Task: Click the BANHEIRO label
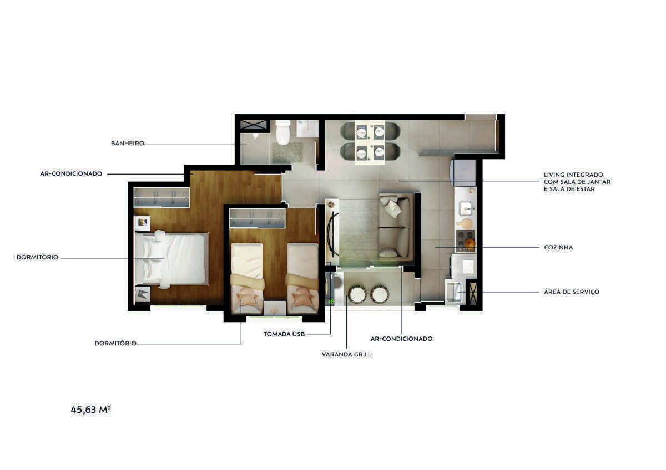tap(127, 144)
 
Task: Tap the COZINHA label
tap(558, 247)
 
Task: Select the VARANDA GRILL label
tap(346, 354)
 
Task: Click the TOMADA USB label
tap(284, 334)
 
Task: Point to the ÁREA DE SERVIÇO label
tap(572, 292)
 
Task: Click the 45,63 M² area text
tap(90, 410)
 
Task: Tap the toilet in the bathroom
tap(282, 132)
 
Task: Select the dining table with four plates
tap(370, 142)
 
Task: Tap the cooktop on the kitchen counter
tap(465, 241)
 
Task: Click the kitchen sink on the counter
tap(466, 208)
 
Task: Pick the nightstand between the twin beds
tap(275, 308)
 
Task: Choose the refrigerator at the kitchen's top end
tap(463, 173)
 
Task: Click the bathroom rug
tap(287, 152)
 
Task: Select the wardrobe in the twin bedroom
tap(257, 218)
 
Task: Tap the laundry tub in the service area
tap(454, 292)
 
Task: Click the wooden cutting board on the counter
tap(465, 223)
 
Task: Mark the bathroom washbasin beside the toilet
tap(307, 129)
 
